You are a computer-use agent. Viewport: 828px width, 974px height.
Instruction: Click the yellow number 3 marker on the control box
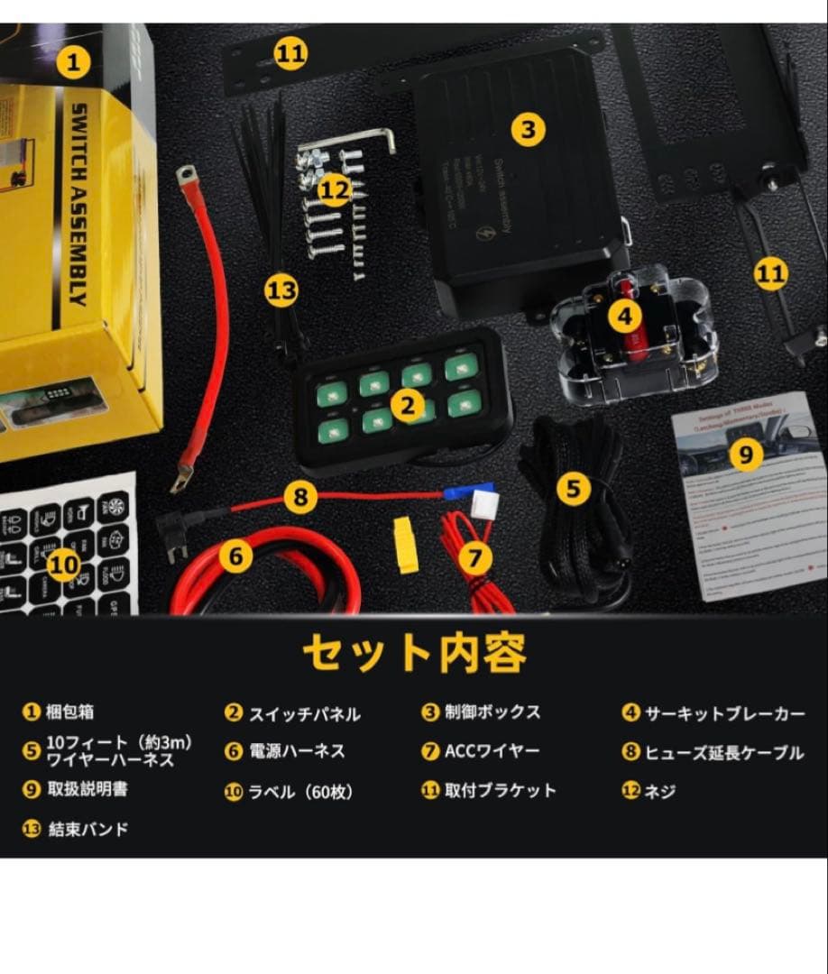[529, 129]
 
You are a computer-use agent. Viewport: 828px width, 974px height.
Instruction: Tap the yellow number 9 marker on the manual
[745, 455]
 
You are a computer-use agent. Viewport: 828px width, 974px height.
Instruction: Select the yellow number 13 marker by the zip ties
[281, 290]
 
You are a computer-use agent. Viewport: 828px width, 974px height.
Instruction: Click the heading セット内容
[414, 653]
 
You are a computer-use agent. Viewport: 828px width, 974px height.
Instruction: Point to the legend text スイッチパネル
[304, 714]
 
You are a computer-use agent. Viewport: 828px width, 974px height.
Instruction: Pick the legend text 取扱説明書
[87, 789]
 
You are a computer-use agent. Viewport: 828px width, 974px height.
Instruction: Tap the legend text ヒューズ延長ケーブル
[724, 752]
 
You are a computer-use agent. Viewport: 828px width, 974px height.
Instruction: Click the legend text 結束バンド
[88, 829]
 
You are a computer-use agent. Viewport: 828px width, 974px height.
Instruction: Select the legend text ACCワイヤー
[492, 751]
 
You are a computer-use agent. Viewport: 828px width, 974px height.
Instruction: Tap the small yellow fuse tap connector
[406, 544]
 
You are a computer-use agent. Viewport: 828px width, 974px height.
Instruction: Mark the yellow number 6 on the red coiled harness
[235, 556]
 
